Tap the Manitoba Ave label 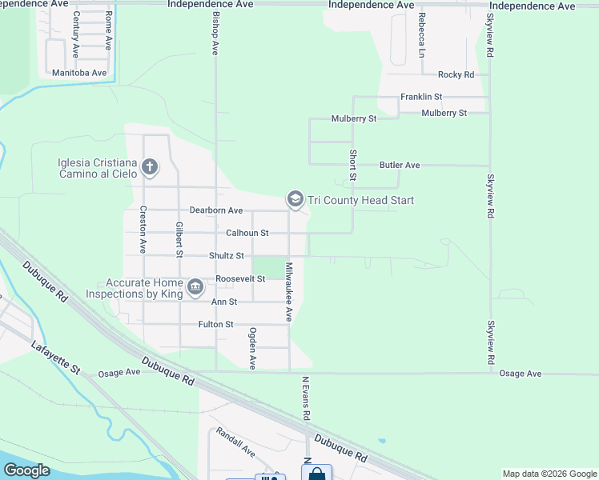pyautogui.click(x=79, y=73)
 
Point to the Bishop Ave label pyautogui.click(x=215, y=33)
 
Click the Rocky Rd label pyautogui.click(x=456, y=74)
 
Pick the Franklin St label pyautogui.click(x=422, y=97)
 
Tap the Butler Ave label pyautogui.click(x=400, y=165)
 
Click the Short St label pyautogui.click(x=352, y=164)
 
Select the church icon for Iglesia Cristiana pyautogui.click(x=149, y=167)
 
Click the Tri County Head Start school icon pyautogui.click(x=295, y=199)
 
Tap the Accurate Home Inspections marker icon pyautogui.click(x=195, y=287)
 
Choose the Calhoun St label pyautogui.click(x=247, y=233)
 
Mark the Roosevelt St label pyautogui.click(x=240, y=278)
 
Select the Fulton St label pyautogui.click(x=216, y=324)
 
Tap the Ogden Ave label pyautogui.click(x=252, y=347)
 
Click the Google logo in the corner pyautogui.click(x=26, y=470)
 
